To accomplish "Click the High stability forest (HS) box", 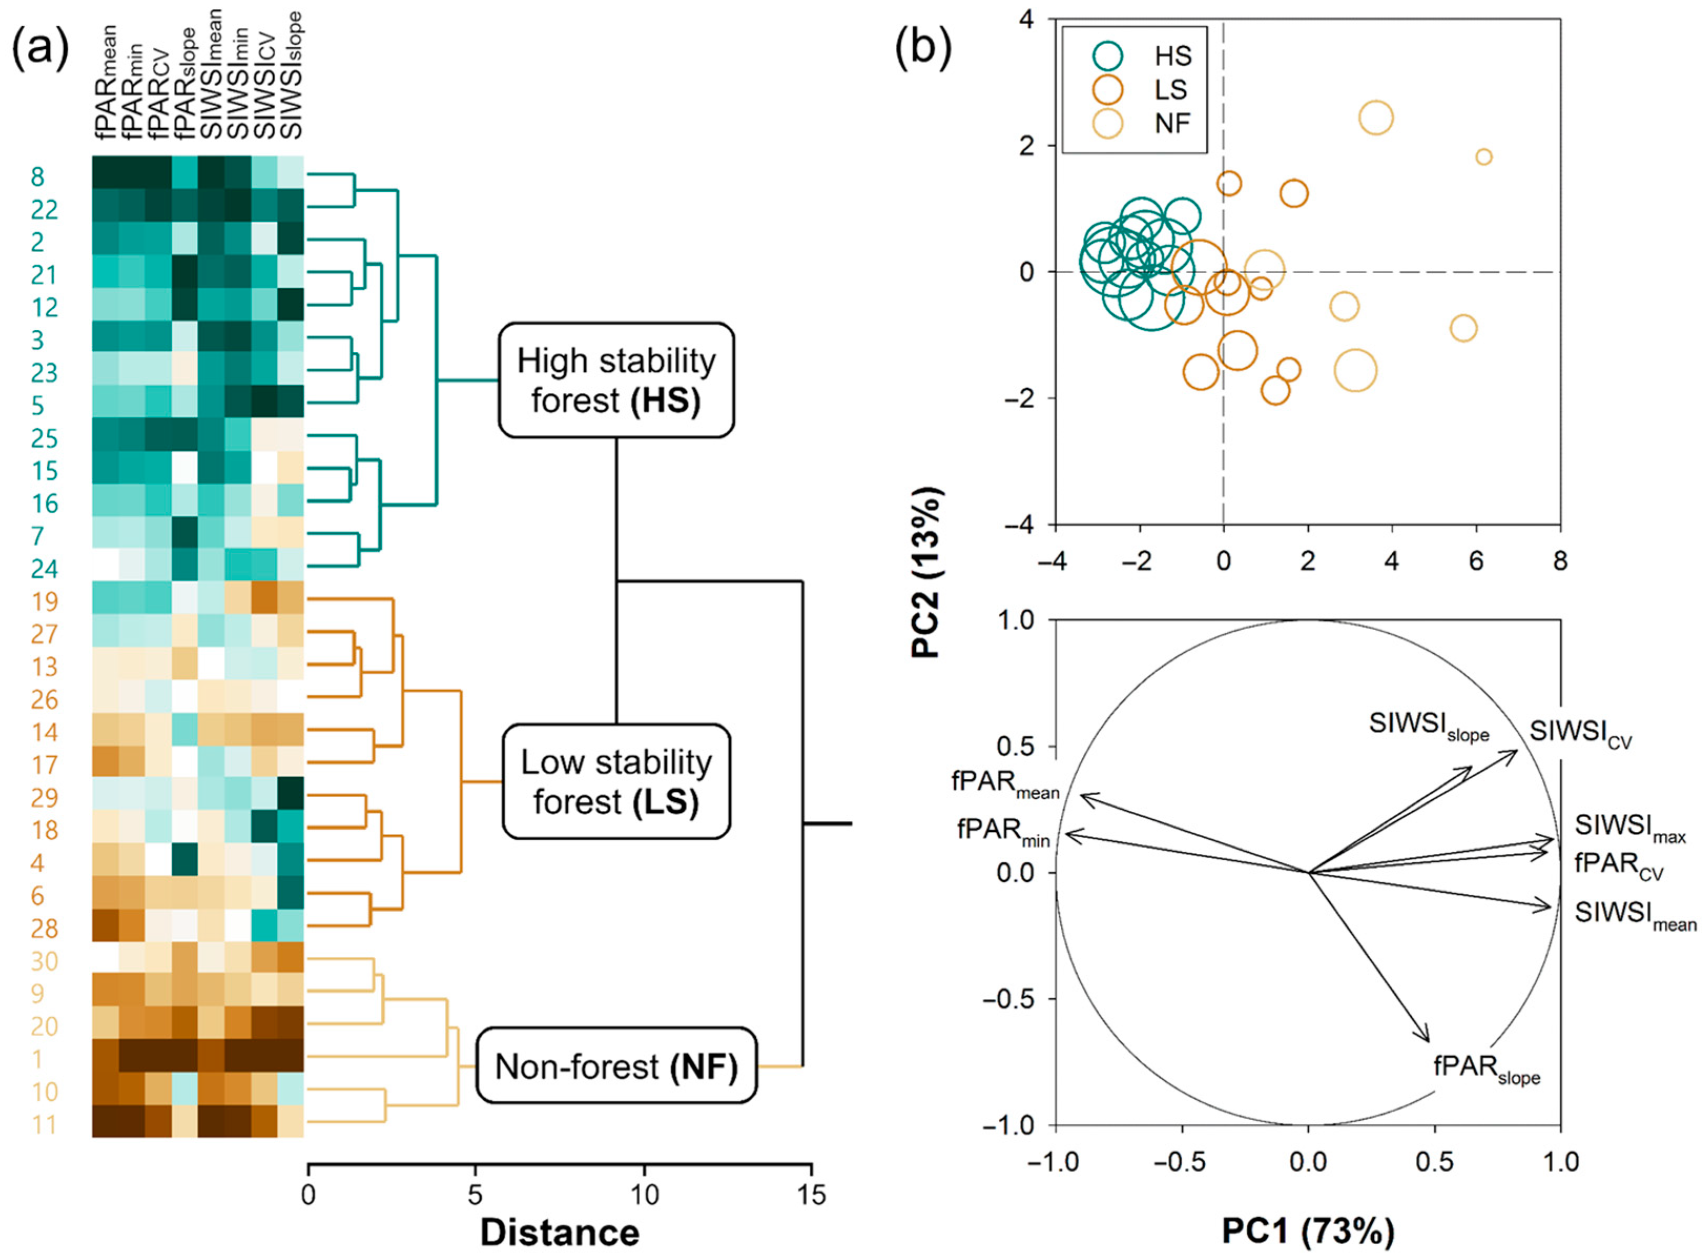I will click(616, 380).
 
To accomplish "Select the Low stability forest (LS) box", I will click(616, 782).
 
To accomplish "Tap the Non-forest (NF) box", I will click(616, 1066).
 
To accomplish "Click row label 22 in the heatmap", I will click(44, 209).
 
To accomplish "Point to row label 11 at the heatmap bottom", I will click(44, 1124).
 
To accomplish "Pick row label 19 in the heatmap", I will click(44, 602).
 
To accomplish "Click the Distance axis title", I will click(560, 1233).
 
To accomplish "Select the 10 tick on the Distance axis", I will click(643, 1194).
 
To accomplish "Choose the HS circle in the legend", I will click(1106, 56).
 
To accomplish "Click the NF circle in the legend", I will click(1106, 123).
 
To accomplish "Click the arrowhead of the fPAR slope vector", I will click(1427, 1039).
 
